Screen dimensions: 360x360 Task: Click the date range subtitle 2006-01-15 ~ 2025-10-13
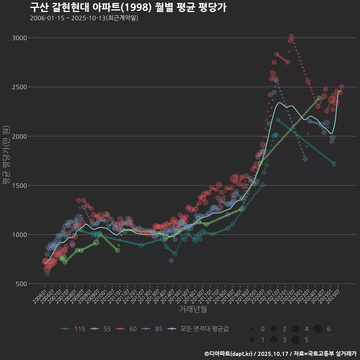coord(84,18)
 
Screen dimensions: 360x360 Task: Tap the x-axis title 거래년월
coord(193,309)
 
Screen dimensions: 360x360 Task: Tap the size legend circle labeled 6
coord(318,329)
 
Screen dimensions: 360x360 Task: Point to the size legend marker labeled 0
coord(252,329)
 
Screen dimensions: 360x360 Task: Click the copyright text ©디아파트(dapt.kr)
coord(228,354)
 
